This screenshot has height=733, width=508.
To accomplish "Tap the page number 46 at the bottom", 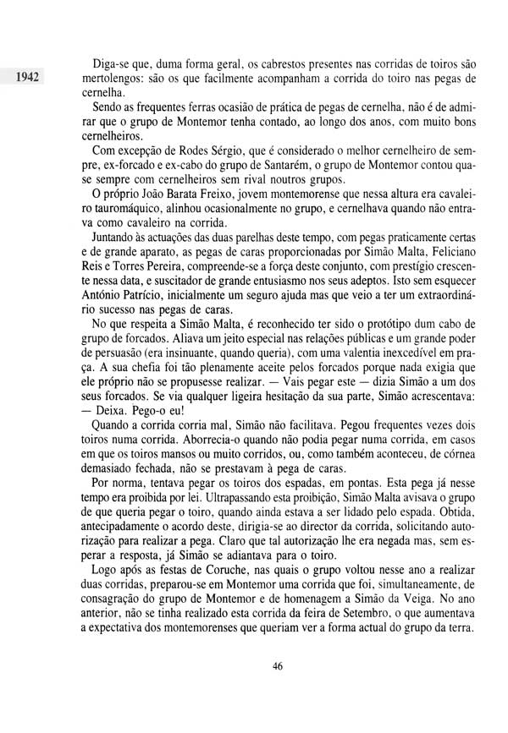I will click(278, 666).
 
